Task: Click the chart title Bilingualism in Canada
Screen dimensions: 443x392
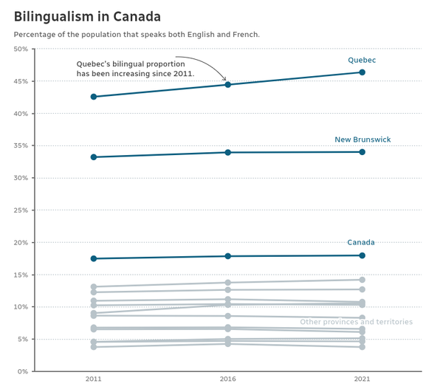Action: (87, 17)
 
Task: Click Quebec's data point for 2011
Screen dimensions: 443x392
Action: (94, 97)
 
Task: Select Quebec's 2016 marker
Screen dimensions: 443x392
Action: (228, 85)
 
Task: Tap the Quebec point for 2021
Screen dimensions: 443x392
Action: (363, 72)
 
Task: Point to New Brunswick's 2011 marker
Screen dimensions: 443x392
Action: (94, 157)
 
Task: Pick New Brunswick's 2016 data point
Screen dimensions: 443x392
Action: (228, 153)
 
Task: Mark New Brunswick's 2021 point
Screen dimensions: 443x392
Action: (363, 152)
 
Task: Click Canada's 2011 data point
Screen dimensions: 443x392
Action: (94, 258)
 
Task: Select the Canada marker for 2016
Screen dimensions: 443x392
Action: (228, 256)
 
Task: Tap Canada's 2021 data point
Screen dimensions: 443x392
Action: (363, 255)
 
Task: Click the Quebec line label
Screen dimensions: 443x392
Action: (362, 60)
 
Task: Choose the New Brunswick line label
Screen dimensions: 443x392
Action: (363, 140)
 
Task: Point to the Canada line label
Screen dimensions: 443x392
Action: (361, 242)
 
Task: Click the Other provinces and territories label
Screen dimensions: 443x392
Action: (357, 322)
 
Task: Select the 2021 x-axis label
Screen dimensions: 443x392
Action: (363, 379)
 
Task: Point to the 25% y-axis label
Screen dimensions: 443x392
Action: (21, 210)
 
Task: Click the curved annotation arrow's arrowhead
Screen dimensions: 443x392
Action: (226, 80)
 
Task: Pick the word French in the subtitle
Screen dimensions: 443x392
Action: (246, 35)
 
